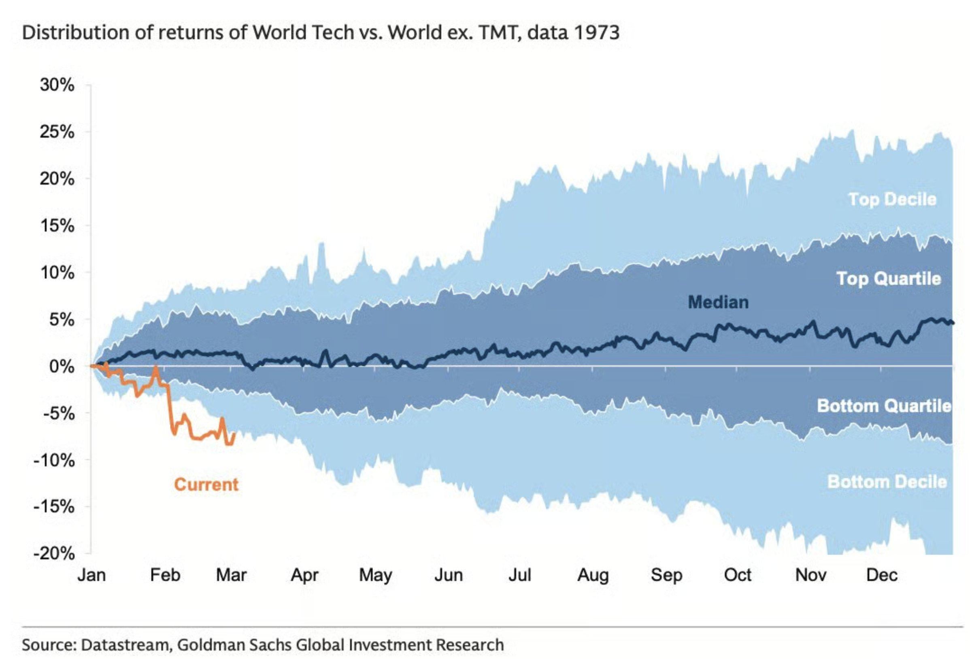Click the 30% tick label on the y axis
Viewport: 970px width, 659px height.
click(57, 85)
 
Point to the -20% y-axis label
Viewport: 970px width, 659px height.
click(54, 554)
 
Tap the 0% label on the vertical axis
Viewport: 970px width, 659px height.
click(62, 367)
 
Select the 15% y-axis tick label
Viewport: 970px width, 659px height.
click(57, 226)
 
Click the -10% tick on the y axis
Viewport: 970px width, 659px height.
click(54, 460)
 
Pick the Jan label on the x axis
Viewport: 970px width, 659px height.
click(91, 575)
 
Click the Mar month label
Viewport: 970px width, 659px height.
click(231, 575)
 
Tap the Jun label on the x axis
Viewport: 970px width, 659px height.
click(449, 575)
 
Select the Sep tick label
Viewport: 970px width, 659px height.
click(666, 575)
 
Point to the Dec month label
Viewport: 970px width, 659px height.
click(881, 575)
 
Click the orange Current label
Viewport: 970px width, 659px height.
click(206, 485)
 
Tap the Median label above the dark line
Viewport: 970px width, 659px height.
click(718, 302)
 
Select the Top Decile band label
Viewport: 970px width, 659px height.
click(892, 200)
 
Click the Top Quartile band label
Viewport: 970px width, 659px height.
click(889, 279)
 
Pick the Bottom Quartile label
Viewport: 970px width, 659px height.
click(884, 406)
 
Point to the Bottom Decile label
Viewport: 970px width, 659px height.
click(887, 482)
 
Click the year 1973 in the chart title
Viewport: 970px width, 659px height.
click(596, 32)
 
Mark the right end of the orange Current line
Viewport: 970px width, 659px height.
click(235, 433)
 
